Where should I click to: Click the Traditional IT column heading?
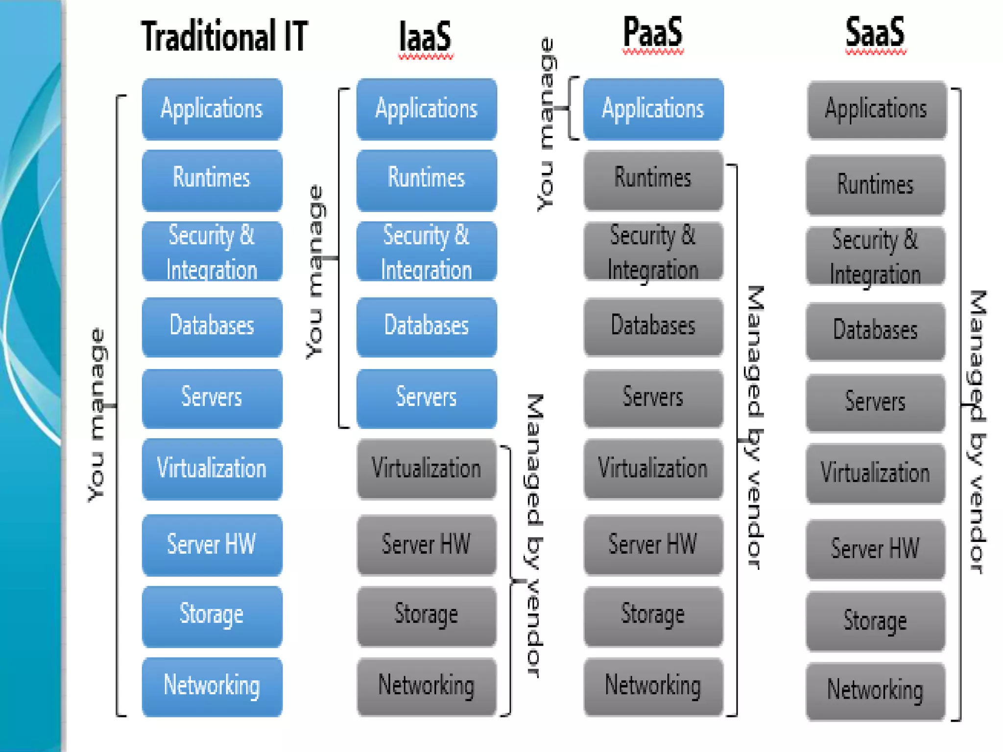[x=224, y=36]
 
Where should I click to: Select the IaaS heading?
[x=425, y=37]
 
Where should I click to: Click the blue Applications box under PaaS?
[x=653, y=109]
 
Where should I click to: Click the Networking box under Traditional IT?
[x=212, y=686]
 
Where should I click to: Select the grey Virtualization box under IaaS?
[x=426, y=469]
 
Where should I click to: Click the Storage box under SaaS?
[x=875, y=621]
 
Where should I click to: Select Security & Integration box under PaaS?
[x=653, y=252]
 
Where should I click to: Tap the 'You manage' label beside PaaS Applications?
[x=546, y=125]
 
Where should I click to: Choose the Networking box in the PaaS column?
[x=653, y=686]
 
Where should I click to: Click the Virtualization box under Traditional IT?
[x=212, y=469]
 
